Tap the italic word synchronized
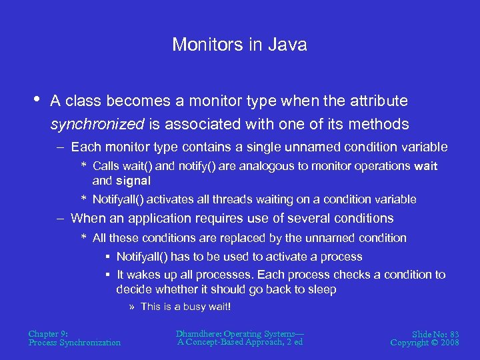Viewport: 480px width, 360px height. [97, 124]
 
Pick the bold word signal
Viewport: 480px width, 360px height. [133, 180]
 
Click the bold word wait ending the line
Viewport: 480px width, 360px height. [425, 165]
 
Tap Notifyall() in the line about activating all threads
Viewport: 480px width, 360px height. [119, 199]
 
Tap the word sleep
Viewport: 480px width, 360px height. [322, 289]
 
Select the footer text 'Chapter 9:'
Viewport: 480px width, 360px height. [48, 333]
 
